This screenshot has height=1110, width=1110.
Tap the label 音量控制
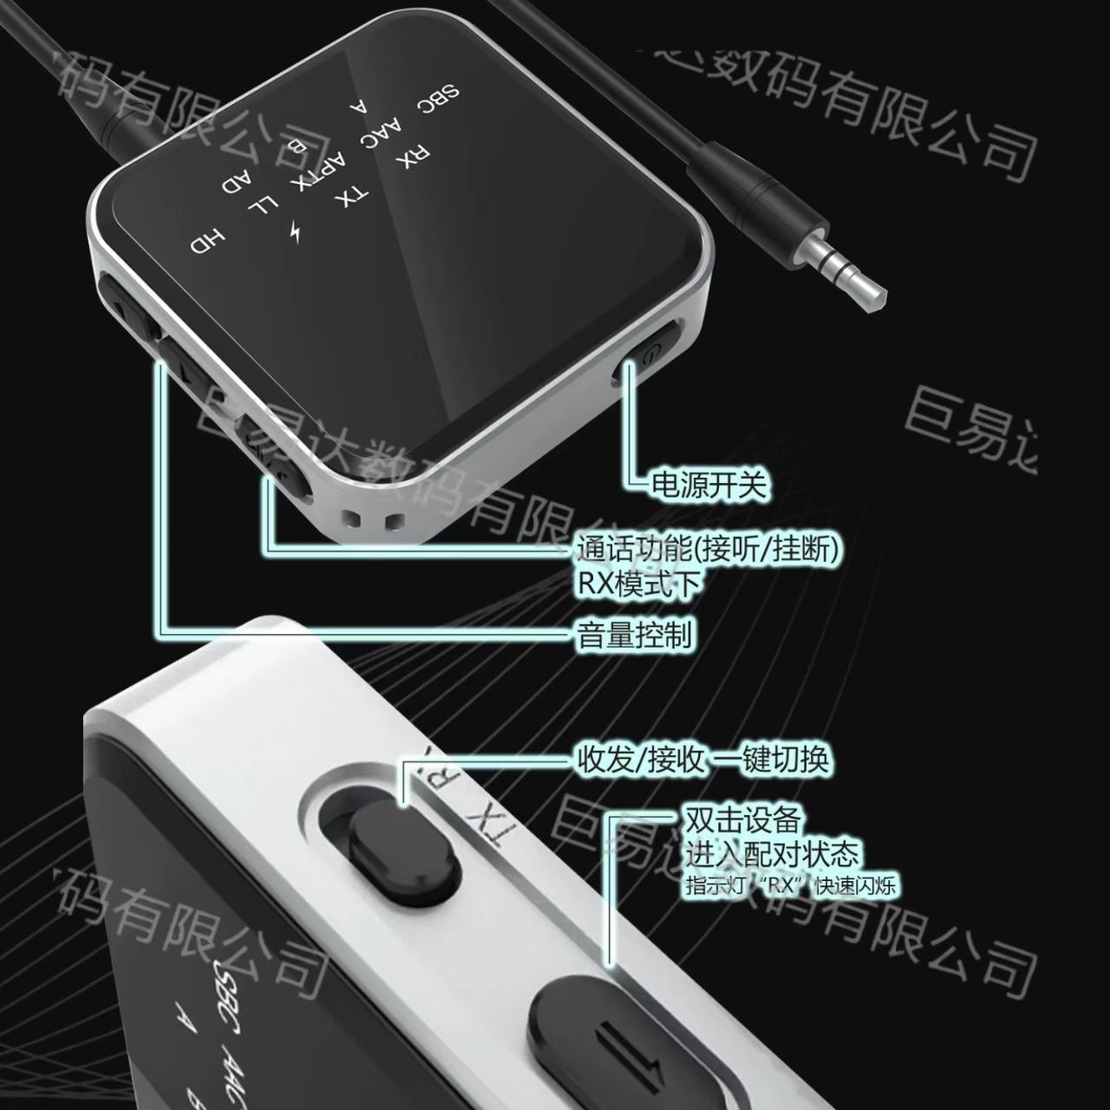coord(634,635)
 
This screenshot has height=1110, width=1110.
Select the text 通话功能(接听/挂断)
coord(707,549)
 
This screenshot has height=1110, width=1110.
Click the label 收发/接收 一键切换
coord(702,760)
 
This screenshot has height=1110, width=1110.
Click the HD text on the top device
coord(208,242)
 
